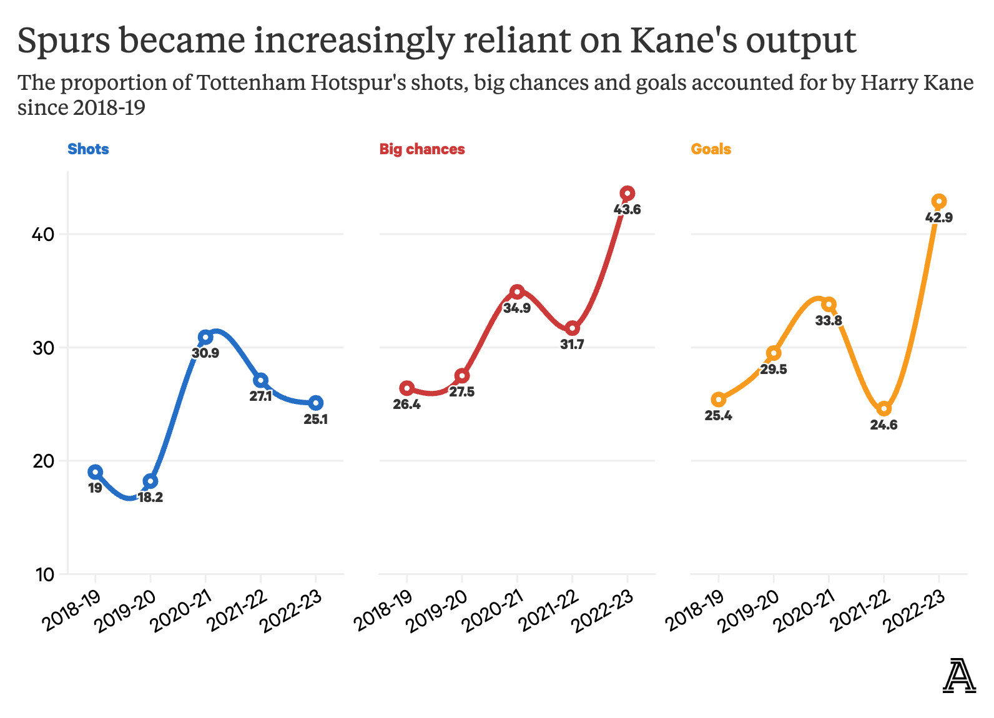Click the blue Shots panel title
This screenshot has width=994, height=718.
[x=88, y=149]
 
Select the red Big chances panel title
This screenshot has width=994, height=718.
[x=422, y=149]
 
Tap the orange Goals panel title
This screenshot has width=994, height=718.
[x=711, y=149]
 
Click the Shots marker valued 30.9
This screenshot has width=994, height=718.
[x=205, y=337]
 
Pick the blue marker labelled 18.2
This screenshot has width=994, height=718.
[x=150, y=481]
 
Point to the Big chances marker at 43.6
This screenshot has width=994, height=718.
[x=627, y=194]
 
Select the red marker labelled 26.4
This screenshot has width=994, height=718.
[x=407, y=388]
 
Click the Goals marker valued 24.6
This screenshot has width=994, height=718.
[x=884, y=409]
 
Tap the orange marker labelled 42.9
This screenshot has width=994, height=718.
[x=939, y=202]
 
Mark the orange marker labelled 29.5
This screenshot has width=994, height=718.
[x=774, y=353]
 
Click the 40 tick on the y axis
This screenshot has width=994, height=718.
[x=44, y=235]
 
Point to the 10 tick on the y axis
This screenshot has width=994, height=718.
[x=44, y=574]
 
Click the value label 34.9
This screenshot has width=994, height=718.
[x=517, y=308]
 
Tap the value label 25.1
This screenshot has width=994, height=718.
[x=316, y=420]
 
